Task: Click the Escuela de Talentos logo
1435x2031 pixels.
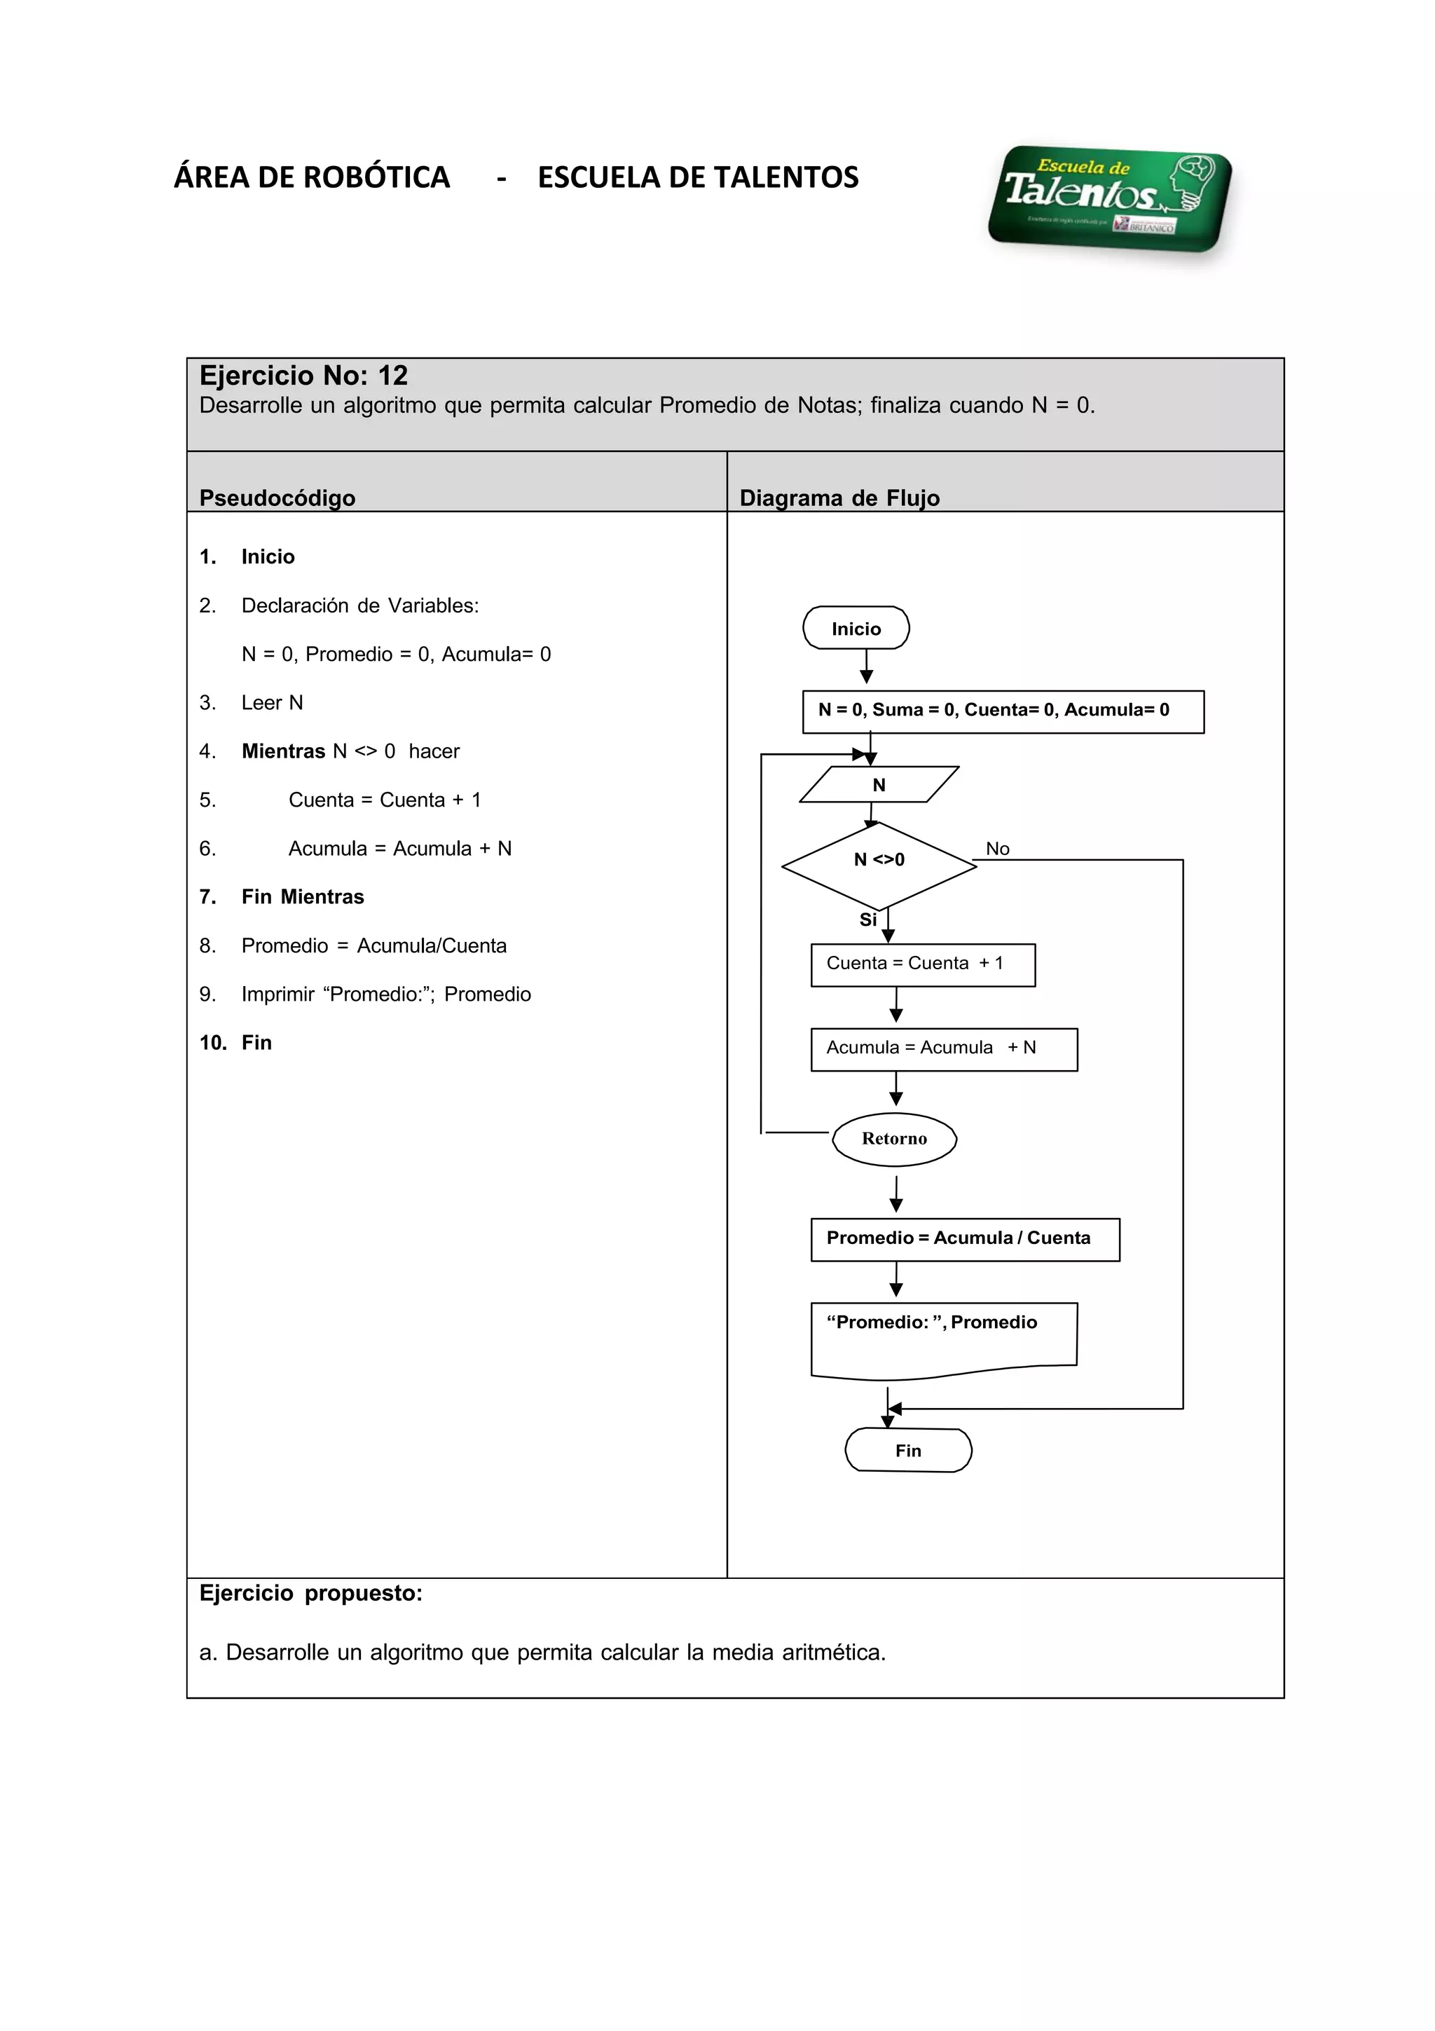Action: pos(1110,199)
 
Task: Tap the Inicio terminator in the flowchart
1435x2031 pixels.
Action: pos(855,628)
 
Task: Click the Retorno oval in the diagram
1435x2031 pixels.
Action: pos(894,1138)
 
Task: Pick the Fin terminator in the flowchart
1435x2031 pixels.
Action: pos(908,1451)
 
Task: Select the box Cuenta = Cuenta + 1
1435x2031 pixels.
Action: pos(922,964)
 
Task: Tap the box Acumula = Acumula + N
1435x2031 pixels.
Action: pos(943,1049)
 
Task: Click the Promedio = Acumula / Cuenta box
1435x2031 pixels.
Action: pos(965,1239)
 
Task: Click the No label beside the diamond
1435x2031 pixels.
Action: pos(997,848)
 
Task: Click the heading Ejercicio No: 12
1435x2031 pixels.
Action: pos(303,376)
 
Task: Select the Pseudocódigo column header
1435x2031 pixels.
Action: pos(277,498)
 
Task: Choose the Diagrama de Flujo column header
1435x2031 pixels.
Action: pos(839,498)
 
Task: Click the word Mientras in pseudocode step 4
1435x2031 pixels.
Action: pos(283,751)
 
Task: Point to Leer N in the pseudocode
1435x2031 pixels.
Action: pos(271,702)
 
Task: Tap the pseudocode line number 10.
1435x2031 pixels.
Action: pos(212,1043)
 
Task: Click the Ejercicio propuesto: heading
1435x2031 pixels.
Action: pos(310,1593)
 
